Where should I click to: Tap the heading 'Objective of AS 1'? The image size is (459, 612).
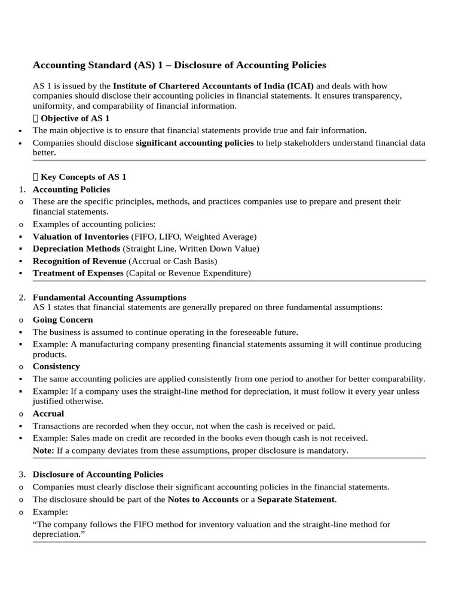click(75, 118)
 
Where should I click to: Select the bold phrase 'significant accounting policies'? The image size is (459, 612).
click(195, 143)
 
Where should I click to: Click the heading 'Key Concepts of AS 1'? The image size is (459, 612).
click(83, 177)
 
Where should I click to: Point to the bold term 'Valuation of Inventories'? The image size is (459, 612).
click(81, 237)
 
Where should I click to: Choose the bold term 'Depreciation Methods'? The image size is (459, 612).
click(76, 249)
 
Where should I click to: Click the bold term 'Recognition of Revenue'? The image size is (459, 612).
click(79, 261)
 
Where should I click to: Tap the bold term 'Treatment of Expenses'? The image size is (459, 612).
click(78, 273)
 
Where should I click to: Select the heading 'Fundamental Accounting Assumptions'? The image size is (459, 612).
click(109, 297)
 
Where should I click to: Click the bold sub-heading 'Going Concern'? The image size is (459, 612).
click(63, 320)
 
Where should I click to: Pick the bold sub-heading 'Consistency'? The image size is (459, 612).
click(56, 366)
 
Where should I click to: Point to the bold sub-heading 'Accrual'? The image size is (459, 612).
click(48, 414)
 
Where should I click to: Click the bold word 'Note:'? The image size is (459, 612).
click(44, 450)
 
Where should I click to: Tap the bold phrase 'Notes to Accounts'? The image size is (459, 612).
click(203, 499)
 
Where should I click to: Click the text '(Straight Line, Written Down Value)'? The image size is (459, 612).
click(191, 249)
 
